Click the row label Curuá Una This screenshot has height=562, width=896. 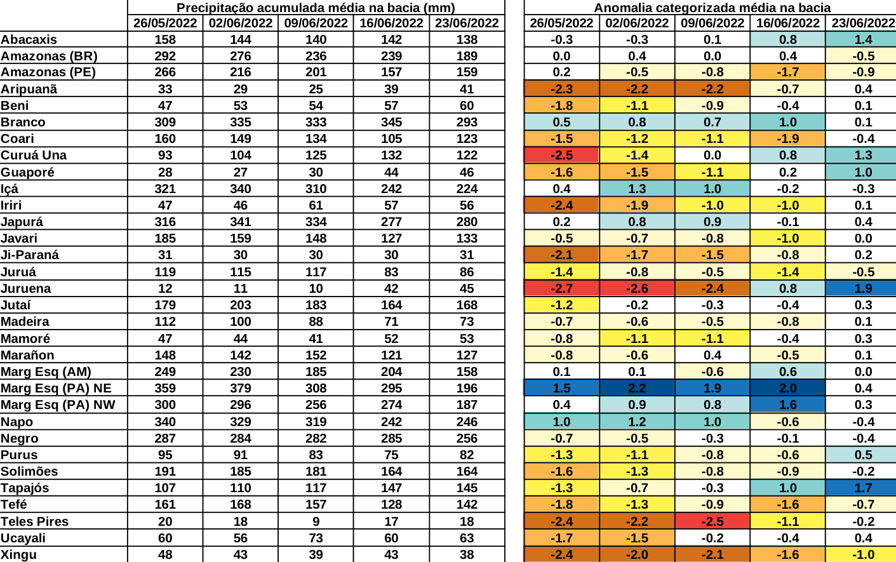click(x=34, y=155)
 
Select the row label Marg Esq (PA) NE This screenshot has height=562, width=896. click(x=56, y=388)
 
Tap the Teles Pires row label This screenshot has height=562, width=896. click(x=34, y=521)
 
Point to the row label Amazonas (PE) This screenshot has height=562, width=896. click(x=48, y=72)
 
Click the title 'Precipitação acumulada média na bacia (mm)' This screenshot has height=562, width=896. click(x=316, y=8)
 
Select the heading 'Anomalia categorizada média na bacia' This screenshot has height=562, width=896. click(x=712, y=8)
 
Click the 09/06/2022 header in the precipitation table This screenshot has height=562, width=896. click(x=316, y=23)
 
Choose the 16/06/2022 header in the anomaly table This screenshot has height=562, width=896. click(x=787, y=23)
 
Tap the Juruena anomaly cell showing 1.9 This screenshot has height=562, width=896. click(x=862, y=288)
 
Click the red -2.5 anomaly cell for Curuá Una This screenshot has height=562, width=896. click(x=561, y=155)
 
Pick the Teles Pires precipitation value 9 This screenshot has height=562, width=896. click(x=316, y=521)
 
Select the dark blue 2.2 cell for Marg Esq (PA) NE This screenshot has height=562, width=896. click(x=636, y=388)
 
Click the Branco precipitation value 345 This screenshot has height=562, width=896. click(x=391, y=122)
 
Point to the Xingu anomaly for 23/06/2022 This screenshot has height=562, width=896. click(x=862, y=554)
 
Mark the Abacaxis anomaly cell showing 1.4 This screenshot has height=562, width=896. click(x=862, y=39)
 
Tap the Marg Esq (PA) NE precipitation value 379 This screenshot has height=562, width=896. click(x=240, y=388)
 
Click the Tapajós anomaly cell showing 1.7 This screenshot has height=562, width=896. click(x=862, y=488)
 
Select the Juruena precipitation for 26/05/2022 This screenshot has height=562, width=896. click(x=165, y=288)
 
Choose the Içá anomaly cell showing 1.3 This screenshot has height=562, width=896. click(x=636, y=189)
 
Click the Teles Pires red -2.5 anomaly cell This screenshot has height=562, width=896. click(x=712, y=521)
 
